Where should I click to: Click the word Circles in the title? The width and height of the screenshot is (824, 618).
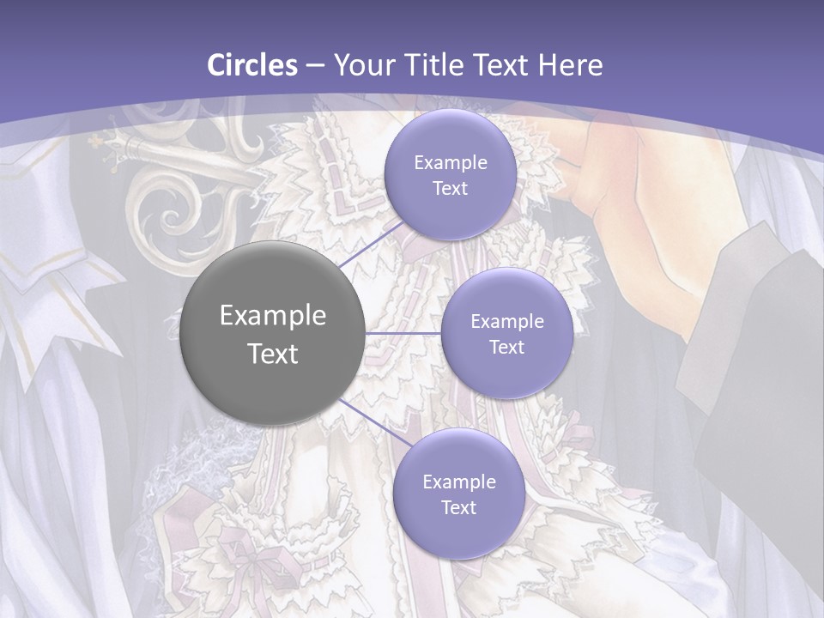(252, 65)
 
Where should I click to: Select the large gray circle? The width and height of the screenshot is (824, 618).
(272, 333)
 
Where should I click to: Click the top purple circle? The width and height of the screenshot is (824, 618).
(450, 174)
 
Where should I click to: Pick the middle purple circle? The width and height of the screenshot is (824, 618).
(506, 333)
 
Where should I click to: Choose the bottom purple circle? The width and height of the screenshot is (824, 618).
(458, 494)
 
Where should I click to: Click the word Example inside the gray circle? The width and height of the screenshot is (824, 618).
(273, 316)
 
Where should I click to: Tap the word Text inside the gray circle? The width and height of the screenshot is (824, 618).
(273, 354)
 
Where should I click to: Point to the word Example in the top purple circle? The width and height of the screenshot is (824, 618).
(450, 162)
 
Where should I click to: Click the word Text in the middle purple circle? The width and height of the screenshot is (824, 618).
(506, 347)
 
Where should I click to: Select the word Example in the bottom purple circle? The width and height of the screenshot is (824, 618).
(458, 482)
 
